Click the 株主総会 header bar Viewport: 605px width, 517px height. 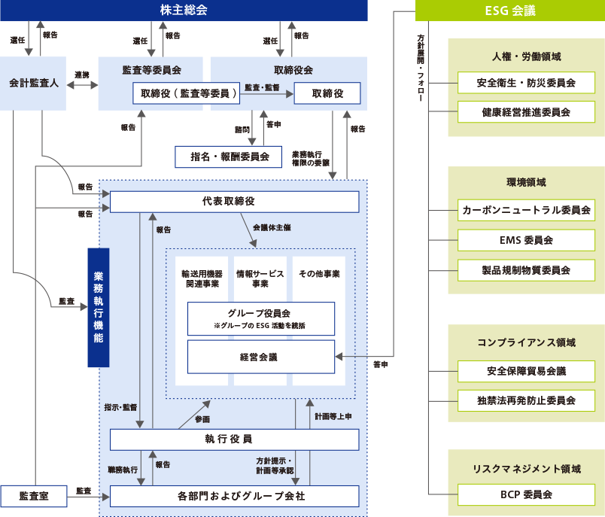point(184,11)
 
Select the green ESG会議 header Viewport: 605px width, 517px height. point(510,11)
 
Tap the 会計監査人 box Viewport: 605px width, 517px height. point(34,82)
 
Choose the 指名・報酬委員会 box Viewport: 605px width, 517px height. point(228,157)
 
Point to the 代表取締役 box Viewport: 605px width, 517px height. point(234,202)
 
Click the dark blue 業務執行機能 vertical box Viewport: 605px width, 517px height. point(99,307)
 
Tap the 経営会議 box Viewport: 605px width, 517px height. point(260,357)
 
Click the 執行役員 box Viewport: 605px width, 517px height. point(234,439)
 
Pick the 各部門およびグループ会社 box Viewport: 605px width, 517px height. point(234,496)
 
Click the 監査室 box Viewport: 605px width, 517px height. point(34,496)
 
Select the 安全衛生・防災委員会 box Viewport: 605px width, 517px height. point(526,83)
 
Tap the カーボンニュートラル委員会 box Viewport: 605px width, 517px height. point(526,210)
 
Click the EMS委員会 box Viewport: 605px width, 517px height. point(526,240)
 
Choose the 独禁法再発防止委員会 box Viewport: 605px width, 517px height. point(526,400)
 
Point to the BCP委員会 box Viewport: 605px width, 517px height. point(526,494)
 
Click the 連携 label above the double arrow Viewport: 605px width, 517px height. point(82,75)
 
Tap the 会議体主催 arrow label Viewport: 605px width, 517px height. point(271,227)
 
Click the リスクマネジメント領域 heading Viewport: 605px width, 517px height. point(526,468)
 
